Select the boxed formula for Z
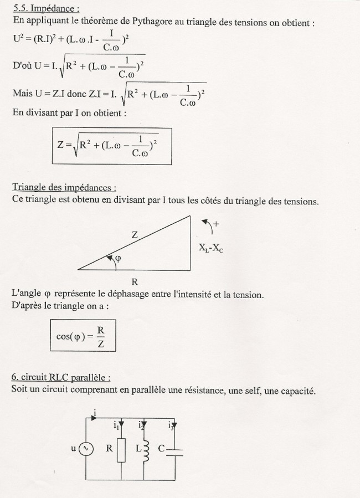112,146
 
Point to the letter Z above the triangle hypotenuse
135,234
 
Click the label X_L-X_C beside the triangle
210,249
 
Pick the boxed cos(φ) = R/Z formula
83,337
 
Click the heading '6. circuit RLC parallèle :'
60,377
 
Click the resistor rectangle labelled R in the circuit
121,450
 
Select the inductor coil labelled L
146,450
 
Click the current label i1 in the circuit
116,425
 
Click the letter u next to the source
73,449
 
